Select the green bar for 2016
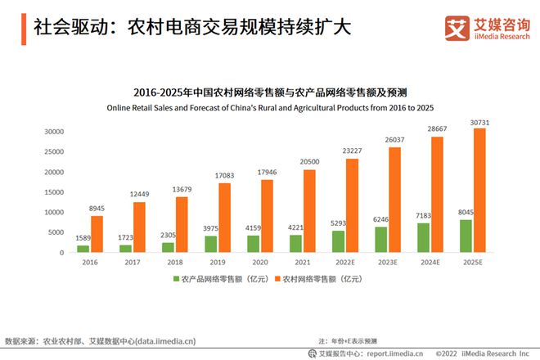tap(83, 248)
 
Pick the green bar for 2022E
tap(338, 241)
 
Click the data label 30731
tap(479, 122)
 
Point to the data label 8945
tap(97, 209)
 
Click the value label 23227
tap(352, 151)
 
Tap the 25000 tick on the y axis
tap(54, 151)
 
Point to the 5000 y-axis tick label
tap(56, 232)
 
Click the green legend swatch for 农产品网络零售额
tap(175, 279)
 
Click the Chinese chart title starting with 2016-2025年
tap(269, 92)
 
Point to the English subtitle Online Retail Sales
tap(269, 108)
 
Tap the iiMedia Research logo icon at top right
tap(454, 28)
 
